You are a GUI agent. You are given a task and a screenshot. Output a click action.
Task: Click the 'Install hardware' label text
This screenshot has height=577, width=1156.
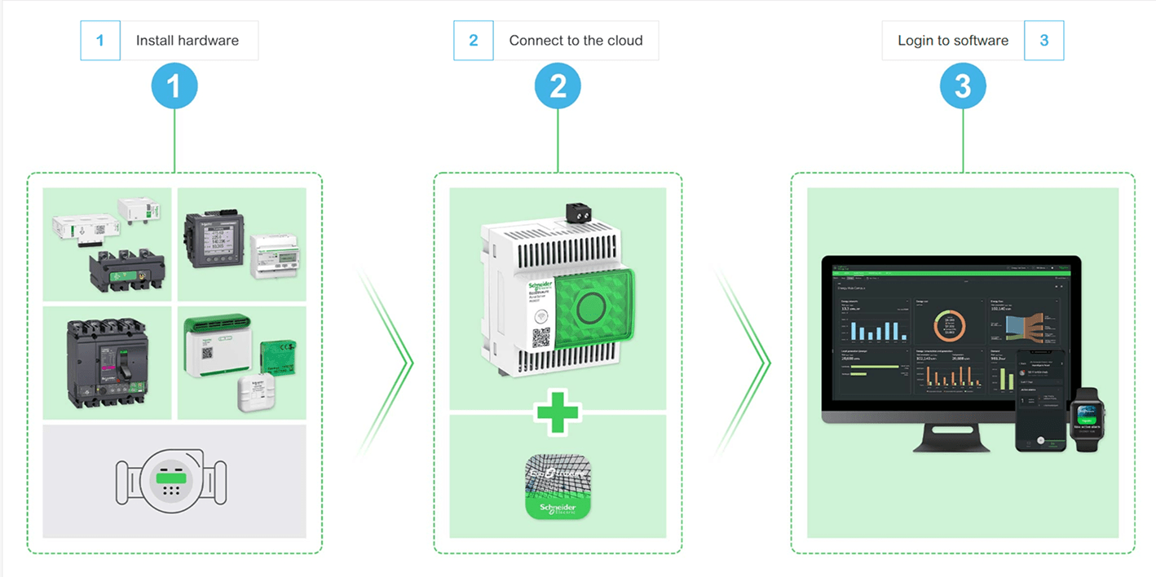tap(187, 41)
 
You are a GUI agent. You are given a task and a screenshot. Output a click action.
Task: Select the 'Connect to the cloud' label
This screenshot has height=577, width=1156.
tap(576, 41)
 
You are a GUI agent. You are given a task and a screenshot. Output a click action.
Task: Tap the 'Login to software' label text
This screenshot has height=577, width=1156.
tap(952, 41)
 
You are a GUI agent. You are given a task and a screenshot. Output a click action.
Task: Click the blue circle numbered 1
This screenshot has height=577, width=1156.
tap(174, 86)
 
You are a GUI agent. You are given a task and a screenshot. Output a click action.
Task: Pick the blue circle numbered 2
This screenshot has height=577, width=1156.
tap(558, 86)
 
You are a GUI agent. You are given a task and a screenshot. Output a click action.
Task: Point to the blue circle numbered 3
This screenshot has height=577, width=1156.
tap(963, 86)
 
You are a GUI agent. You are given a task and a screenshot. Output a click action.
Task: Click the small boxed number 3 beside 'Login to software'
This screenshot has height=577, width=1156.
tap(1043, 41)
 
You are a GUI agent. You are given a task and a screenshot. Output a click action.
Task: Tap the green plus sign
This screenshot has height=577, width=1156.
tap(558, 412)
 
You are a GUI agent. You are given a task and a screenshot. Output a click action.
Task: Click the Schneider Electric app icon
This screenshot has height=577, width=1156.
tap(558, 487)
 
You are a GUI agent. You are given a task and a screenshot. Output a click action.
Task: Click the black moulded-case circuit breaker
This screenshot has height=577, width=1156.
tap(106, 363)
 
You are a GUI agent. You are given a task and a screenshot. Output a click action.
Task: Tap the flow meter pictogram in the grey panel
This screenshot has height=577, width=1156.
tap(171, 482)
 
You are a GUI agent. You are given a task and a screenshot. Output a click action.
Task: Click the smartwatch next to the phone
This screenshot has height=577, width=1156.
tap(1084, 417)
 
